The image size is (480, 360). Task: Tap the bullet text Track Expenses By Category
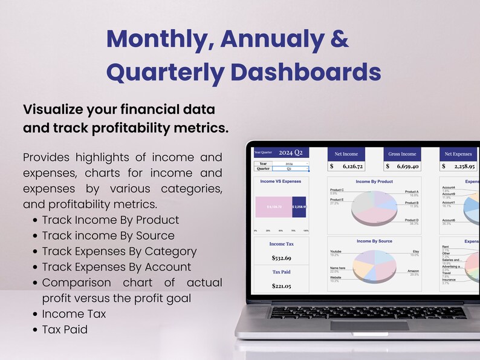pyautogui.click(x=119, y=251)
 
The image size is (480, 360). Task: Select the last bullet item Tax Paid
pyautogui.click(x=65, y=330)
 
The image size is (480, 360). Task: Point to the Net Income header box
pyautogui.click(x=346, y=154)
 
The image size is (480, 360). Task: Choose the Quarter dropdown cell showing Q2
pyautogui.click(x=289, y=169)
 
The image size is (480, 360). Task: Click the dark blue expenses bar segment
pyautogui.click(x=299, y=207)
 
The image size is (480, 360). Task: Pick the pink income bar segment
pyautogui.click(x=273, y=207)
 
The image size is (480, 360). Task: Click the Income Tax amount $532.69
pyautogui.click(x=281, y=258)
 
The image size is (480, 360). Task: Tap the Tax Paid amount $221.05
pyautogui.click(x=281, y=286)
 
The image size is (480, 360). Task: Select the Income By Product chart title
pyautogui.click(x=374, y=182)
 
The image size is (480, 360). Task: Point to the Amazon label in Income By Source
pyautogui.click(x=413, y=272)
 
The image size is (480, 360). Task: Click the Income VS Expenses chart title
pyautogui.click(x=281, y=181)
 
